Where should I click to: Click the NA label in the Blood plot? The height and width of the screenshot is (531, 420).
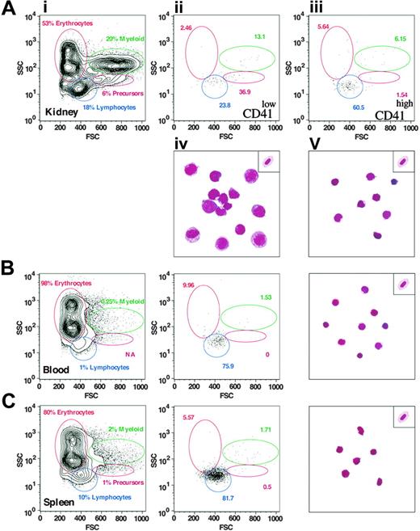(128, 353)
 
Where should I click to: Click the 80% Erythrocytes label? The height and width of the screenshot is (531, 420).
(71, 412)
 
